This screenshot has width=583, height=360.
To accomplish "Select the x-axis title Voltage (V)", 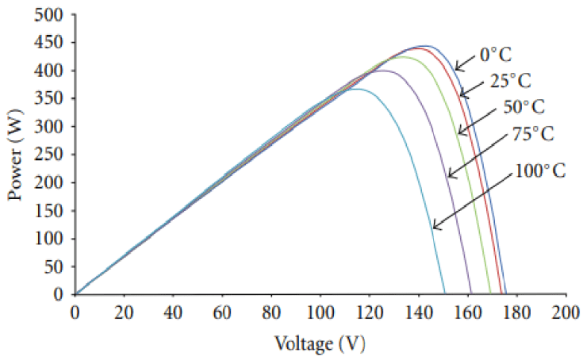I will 320,344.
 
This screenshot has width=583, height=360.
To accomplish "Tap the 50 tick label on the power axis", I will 56,266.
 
